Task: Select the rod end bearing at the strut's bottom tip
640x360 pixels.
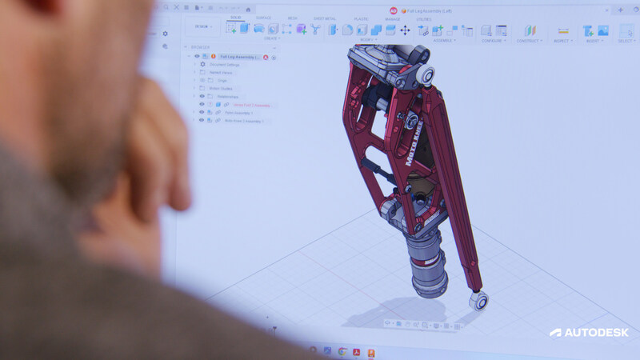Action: [x=479, y=300]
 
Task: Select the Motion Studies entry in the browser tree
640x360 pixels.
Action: [x=222, y=88]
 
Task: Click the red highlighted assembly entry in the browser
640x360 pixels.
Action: [x=253, y=105]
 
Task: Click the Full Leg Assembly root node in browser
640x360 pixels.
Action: [x=235, y=57]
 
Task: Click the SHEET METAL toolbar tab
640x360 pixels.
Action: [x=324, y=18]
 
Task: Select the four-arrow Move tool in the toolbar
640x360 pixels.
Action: [x=405, y=30]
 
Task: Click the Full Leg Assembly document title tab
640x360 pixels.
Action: [x=436, y=10]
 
